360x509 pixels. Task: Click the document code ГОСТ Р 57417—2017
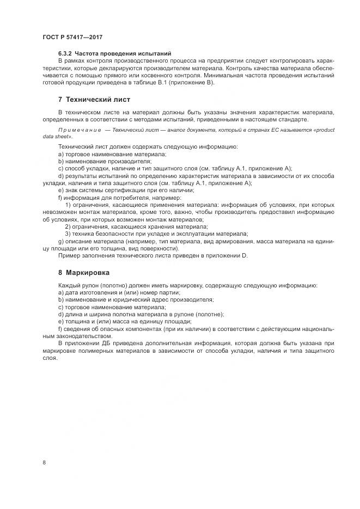point(72,36)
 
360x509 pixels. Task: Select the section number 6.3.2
point(65,53)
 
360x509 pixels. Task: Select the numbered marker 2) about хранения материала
point(68,225)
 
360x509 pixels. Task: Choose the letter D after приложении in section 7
point(246,255)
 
